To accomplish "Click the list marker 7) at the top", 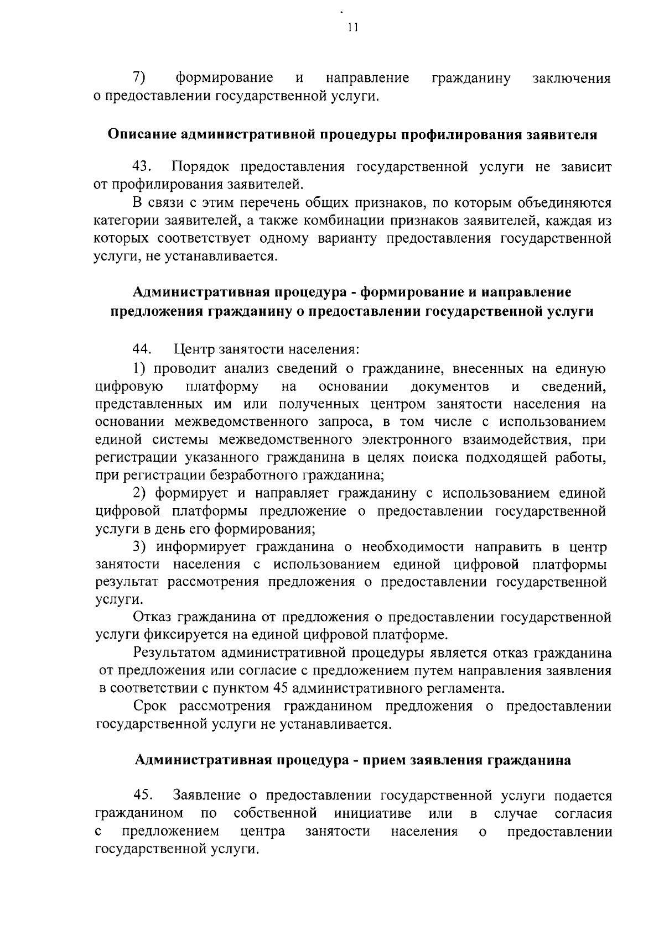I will pos(139,78).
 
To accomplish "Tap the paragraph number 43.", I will pos(142,167).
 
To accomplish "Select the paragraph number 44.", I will pos(142,349).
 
